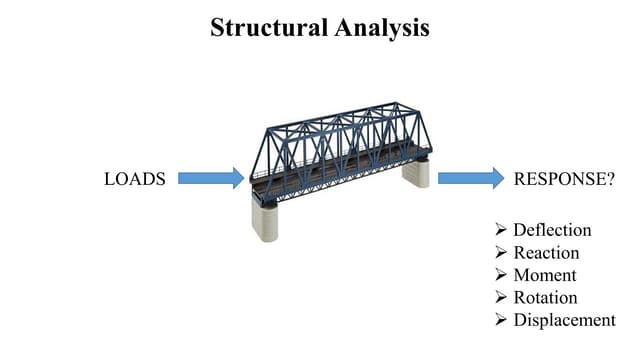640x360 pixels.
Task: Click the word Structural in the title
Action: tap(267, 28)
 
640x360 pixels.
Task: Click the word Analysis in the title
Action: tap(381, 28)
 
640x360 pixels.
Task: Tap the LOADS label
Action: tap(133, 179)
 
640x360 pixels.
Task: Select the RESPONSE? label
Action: tap(561, 179)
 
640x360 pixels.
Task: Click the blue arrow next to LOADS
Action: tap(211, 178)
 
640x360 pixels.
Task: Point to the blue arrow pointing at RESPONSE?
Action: tap(470, 178)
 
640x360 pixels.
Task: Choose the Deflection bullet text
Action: tap(552, 230)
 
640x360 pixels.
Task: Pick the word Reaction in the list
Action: tap(546, 253)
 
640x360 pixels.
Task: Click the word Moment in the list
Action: tap(544, 275)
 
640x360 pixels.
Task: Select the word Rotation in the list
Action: tap(545, 298)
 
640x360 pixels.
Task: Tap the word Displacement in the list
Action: tap(564, 320)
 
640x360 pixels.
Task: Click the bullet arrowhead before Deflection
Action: tap(502, 230)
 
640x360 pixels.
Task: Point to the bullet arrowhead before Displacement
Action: tap(502, 320)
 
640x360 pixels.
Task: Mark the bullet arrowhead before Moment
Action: tap(502, 275)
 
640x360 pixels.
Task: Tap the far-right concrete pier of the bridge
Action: tap(416, 174)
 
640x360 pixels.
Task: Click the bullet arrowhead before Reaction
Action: tap(502, 253)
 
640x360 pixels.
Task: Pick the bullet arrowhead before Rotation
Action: tap(502, 298)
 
